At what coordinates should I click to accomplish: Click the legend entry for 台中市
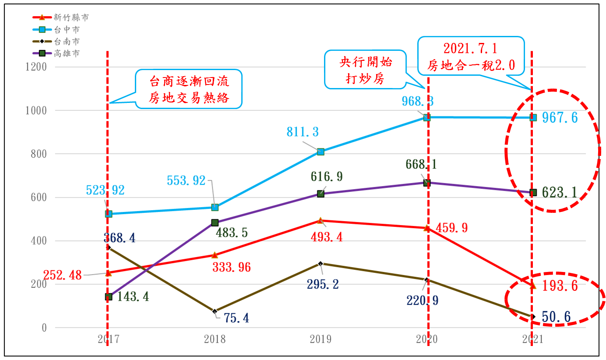click(x=67, y=30)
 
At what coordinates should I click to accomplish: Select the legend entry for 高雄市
click(x=67, y=53)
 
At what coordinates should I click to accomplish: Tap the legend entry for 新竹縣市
click(x=70, y=18)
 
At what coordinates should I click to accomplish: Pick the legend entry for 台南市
click(x=67, y=42)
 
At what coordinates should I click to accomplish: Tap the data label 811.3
click(x=303, y=132)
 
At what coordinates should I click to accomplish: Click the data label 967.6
click(x=560, y=118)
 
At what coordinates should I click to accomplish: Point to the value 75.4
click(x=236, y=318)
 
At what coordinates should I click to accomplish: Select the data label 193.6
click(x=560, y=286)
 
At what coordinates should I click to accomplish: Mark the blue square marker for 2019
click(x=321, y=152)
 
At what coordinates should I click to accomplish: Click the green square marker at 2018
click(x=215, y=222)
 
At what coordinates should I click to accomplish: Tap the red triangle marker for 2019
click(x=321, y=221)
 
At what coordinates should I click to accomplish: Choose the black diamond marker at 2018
click(x=215, y=311)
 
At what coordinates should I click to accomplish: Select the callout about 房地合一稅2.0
click(x=471, y=55)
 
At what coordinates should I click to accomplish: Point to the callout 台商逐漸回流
click(x=189, y=89)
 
